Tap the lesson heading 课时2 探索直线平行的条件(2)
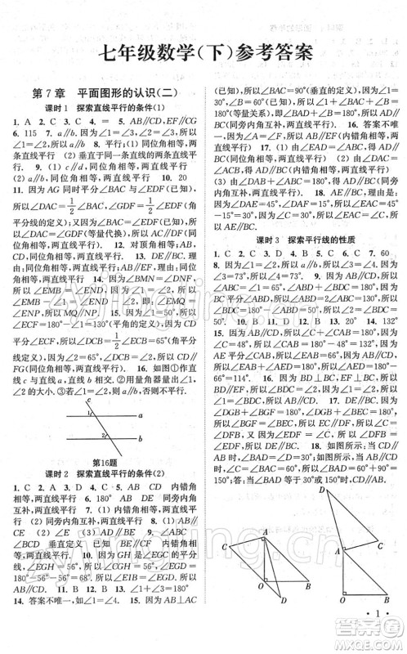102,474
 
